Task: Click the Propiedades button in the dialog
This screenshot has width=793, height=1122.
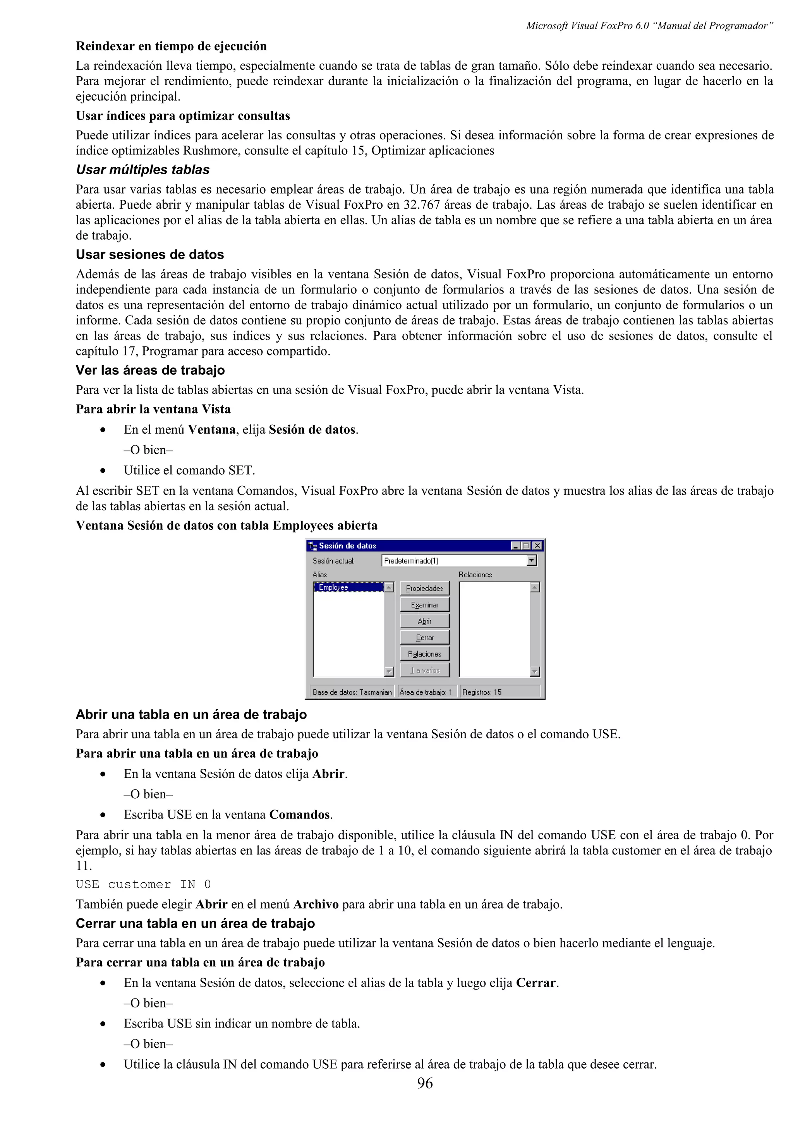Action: [x=424, y=588]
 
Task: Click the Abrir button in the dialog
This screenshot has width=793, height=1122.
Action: [x=424, y=621]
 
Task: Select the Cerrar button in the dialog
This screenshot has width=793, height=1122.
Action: [x=424, y=637]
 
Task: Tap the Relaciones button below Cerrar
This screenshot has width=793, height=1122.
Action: [x=424, y=654]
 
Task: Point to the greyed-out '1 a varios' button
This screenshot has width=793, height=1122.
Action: [x=424, y=670]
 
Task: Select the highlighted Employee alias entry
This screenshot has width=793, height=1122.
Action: [x=348, y=587]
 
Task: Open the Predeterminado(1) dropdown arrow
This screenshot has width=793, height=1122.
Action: [x=532, y=561]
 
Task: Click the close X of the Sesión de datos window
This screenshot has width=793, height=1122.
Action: [x=537, y=546]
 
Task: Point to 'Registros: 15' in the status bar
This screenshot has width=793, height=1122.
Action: [x=482, y=692]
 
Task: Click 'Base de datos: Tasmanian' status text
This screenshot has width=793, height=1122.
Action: [x=352, y=692]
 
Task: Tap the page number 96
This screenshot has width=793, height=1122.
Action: [x=425, y=1083]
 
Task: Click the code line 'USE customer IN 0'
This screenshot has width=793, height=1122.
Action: [x=143, y=885]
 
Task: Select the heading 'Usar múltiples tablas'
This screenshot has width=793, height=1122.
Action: [x=142, y=170]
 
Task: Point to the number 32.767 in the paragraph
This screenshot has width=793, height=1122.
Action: [x=421, y=205]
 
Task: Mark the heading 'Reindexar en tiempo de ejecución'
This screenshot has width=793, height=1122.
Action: [x=171, y=46]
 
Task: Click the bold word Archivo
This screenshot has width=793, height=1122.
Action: [x=316, y=904]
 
